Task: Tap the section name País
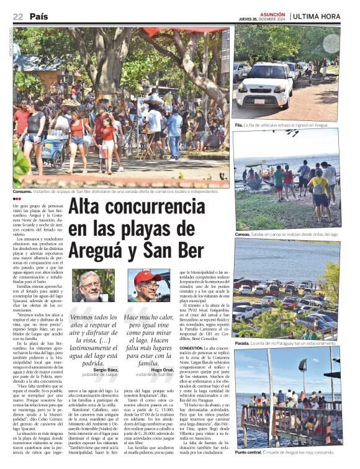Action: (x=38, y=16)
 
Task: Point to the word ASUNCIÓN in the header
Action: (x=273, y=12)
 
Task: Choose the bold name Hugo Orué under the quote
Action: (x=163, y=370)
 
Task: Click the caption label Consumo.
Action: (x=25, y=192)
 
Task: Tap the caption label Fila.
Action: (x=238, y=125)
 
